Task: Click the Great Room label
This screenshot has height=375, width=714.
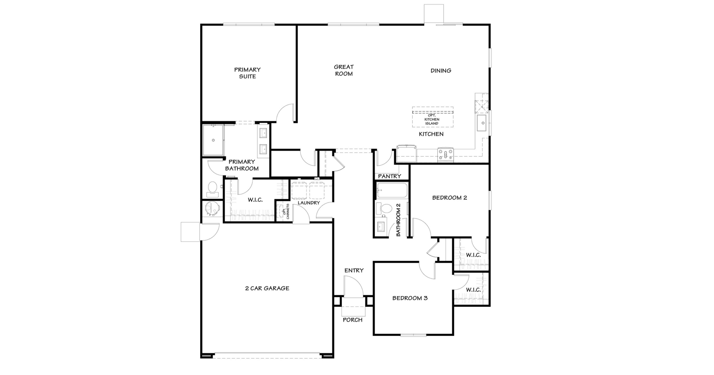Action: pos(344,70)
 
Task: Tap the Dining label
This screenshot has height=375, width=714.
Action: pos(441,71)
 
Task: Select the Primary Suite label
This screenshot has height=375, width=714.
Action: pos(247,73)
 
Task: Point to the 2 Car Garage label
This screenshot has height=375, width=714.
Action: pos(267,288)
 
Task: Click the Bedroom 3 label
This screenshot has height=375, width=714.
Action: pos(410,298)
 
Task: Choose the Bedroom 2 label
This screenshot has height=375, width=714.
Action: pos(450,198)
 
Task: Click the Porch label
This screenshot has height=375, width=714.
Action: pos(353,320)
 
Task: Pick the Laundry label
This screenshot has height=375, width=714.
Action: pos(309,203)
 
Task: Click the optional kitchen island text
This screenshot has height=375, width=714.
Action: pos(432,119)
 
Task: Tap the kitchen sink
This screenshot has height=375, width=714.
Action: pos(483,123)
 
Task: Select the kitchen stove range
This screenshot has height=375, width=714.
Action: pos(445,155)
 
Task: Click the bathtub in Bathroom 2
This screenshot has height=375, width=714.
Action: pos(392,190)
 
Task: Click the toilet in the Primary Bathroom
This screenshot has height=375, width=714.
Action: pos(213,189)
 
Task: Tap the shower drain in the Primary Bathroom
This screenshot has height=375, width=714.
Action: pos(213,140)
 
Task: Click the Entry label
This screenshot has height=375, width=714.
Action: pos(354,270)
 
